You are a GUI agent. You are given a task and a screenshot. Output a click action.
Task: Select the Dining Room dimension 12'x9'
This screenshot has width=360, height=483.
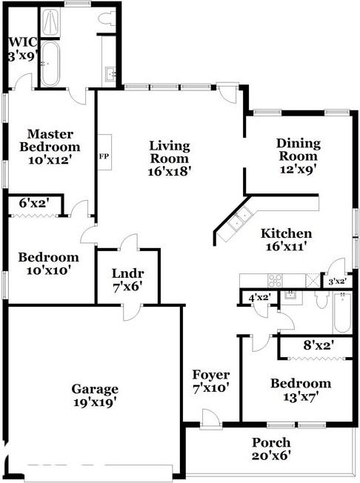[297, 168]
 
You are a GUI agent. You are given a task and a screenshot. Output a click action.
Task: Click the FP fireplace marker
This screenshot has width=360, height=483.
[104, 157]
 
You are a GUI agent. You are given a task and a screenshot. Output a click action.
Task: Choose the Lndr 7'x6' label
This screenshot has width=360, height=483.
[127, 279]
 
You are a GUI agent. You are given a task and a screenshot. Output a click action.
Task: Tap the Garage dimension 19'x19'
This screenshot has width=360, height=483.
[95, 402]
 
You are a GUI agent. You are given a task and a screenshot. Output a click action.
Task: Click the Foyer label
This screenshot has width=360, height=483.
[211, 374]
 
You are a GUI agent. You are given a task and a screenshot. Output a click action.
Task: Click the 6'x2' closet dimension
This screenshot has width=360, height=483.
[33, 202]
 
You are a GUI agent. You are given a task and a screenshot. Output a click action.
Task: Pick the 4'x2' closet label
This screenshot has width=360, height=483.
[259, 297]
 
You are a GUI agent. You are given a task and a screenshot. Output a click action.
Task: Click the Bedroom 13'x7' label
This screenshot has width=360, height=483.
[300, 390]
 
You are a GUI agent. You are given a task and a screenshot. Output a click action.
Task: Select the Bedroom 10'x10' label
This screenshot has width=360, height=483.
[49, 264]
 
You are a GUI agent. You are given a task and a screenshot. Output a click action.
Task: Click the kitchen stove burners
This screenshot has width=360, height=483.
[275, 280]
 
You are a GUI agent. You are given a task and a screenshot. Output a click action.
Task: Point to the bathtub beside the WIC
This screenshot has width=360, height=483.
[50, 64]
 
